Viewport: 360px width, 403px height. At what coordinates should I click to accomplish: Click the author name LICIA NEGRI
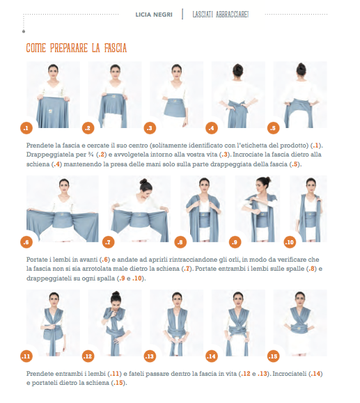pyautogui.click(x=154, y=15)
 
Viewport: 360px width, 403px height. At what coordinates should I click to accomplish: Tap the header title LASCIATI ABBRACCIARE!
pyautogui.click(x=221, y=15)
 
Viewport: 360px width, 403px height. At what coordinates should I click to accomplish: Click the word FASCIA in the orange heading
pyautogui.click(x=116, y=48)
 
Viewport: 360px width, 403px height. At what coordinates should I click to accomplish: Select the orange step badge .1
pyautogui.click(x=26, y=128)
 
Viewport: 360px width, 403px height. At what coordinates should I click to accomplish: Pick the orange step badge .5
pyautogui.click(x=273, y=128)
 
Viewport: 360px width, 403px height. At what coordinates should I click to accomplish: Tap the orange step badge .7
pyautogui.click(x=108, y=242)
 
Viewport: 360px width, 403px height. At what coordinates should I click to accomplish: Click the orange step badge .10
pyautogui.click(x=290, y=242)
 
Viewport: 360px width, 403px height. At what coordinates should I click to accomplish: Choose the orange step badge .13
pyautogui.click(x=150, y=356)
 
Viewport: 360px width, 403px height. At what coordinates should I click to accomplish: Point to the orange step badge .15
pyautogui.click(x=273, y=356)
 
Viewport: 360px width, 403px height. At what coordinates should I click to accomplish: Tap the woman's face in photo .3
pyautogui.click(x=177, y=72)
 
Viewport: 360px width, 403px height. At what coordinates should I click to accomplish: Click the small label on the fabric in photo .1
pyautogui.click(x=51, y=111)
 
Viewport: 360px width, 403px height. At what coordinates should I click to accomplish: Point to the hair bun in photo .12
pyautogui.click(x=116, y=294)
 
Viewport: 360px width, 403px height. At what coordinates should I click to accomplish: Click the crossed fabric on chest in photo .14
pyautogui.click(x=238, y=321)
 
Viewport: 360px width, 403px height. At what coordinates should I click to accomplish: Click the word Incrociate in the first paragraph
pyautogui.click(x=249, y=155)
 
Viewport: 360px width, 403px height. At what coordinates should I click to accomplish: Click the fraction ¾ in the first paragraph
pyautogui.click(x=91, y=155)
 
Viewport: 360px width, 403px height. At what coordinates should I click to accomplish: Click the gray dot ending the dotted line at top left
pyautogui.click(x=24, y=31)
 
